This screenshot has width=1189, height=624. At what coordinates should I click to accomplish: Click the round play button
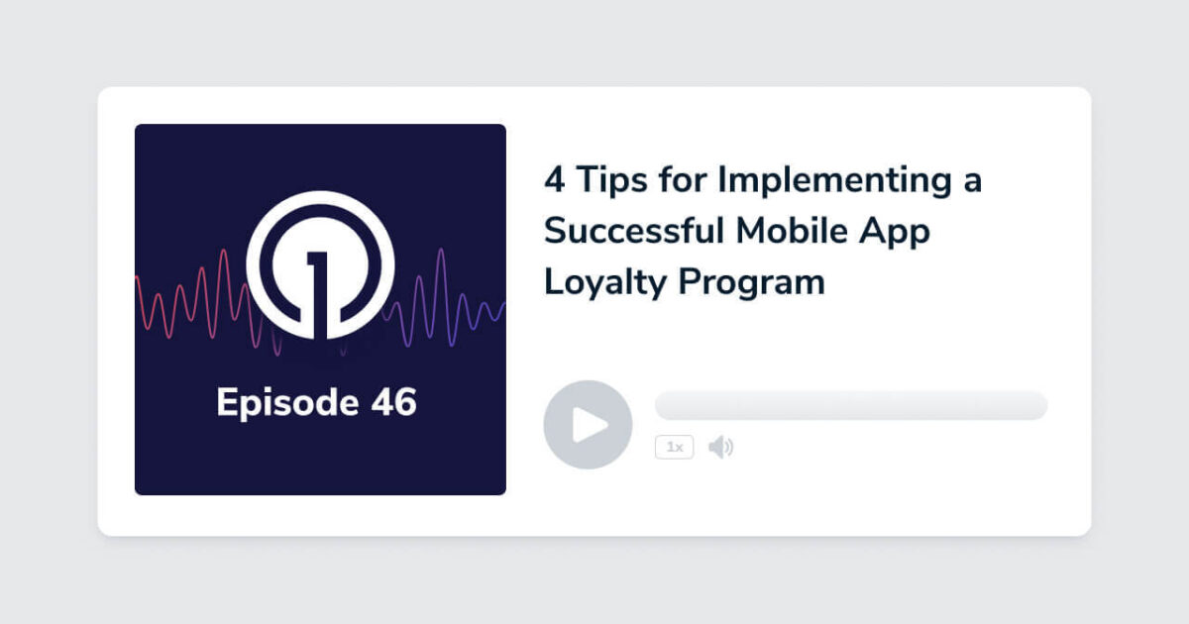click(x=588, y=424)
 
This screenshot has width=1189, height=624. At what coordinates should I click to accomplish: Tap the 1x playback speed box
click(x=674, y=448)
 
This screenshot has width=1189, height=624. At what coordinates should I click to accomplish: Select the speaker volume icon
click(x=720, y=448)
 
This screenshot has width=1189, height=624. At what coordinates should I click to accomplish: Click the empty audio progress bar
click(x=850, y=405)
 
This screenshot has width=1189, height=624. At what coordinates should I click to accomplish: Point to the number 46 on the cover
click(x=382, y=403)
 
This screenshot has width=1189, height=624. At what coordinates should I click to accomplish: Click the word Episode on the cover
click(x=273, y=404)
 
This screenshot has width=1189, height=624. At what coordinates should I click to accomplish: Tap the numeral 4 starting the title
click(x=554, y=180)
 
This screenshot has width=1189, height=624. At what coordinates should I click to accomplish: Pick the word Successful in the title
click(x=634, y=231)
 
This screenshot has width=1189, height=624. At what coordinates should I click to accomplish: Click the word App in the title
click(x=898, y=233)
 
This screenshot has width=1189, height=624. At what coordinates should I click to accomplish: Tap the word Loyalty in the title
click(x=605, y=282)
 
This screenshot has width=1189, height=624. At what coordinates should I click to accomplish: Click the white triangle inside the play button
click(x=591, y=424)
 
